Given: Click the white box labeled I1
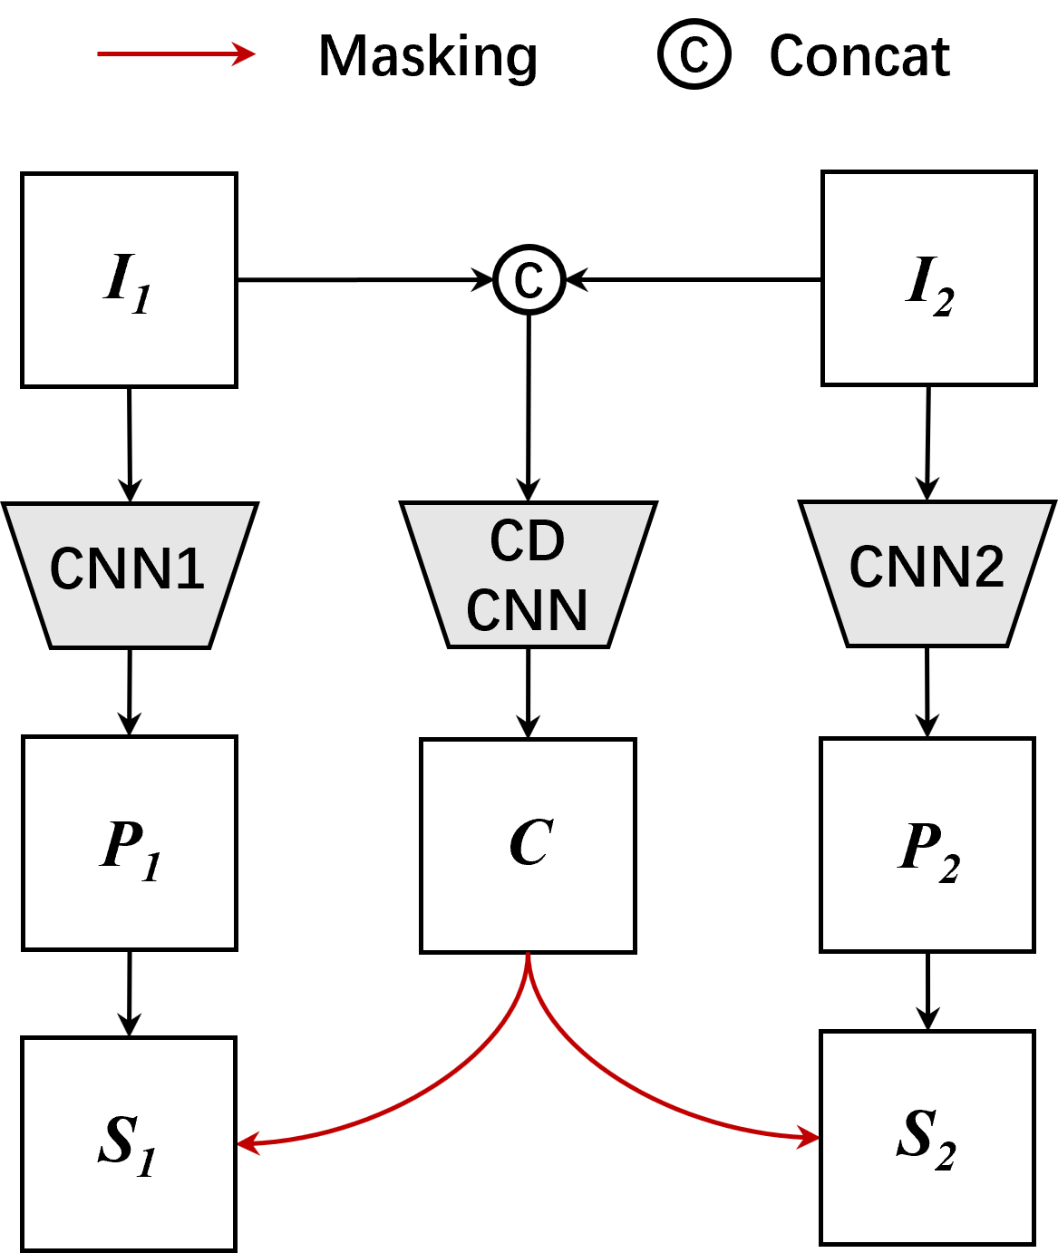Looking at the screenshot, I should point(129,280).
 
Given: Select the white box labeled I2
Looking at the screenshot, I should point(928,278).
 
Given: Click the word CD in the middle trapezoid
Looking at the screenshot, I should point(528,541).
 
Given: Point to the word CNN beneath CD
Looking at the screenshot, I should point(528,609).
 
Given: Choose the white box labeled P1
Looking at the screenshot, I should point(129,843).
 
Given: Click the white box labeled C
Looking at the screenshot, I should point(528,846).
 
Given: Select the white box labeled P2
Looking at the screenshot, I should point(927,845).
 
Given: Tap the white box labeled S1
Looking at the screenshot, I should point(128,1143).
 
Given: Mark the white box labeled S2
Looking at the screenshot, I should point(927,1138).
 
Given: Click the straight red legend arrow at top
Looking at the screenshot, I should point(176,54).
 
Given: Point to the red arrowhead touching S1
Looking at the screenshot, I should point(248,1143).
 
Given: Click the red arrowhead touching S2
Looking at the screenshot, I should point(810,1136).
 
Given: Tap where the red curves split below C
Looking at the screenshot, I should point(528,975).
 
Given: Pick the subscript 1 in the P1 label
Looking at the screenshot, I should point(151,868).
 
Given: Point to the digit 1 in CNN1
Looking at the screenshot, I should point(191,569).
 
